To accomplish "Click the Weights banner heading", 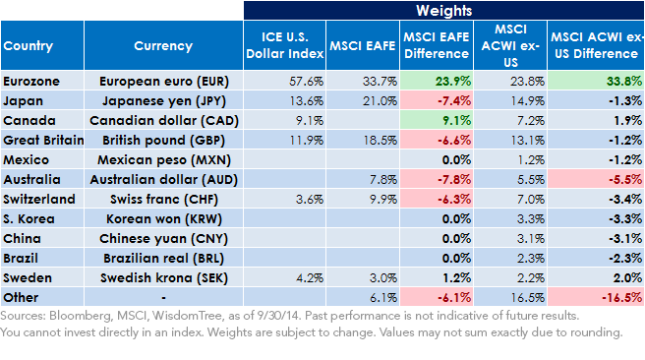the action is tap(443, 10).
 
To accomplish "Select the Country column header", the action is tap(28, 45).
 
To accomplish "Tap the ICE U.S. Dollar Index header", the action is tap(285, 45).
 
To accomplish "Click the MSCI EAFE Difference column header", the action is tap(437, 45).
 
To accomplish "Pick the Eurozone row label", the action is tap(31, 81).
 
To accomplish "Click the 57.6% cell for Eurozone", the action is tap(306, 81).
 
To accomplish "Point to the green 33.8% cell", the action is tap(624, 81).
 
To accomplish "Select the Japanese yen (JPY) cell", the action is tap(164, 100).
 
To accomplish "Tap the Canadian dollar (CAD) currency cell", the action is tap(164, 121).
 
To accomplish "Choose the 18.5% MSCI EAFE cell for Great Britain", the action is tap(381, 141).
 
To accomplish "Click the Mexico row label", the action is tap(26, 159).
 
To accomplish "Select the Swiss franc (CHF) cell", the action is tap(164, 199).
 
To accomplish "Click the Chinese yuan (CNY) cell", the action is tap(164, 239).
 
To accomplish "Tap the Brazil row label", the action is tap(21, 258).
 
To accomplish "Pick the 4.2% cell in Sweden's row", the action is tap(310, 277).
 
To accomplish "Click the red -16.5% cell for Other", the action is tap(621, 297).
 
